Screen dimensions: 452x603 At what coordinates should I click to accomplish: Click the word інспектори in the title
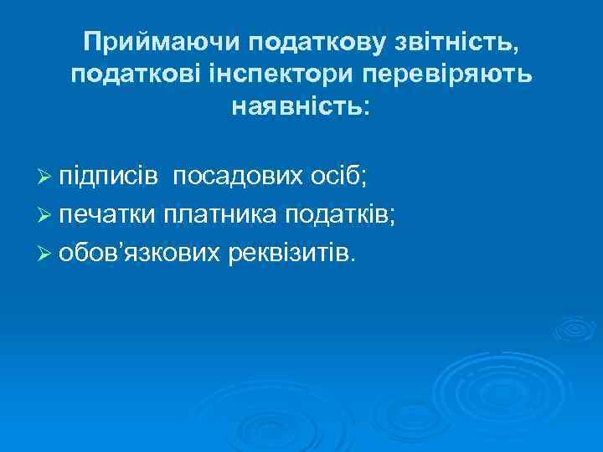(x=284, y=74)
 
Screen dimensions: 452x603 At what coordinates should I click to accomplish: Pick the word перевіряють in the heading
(x=448, y=74)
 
